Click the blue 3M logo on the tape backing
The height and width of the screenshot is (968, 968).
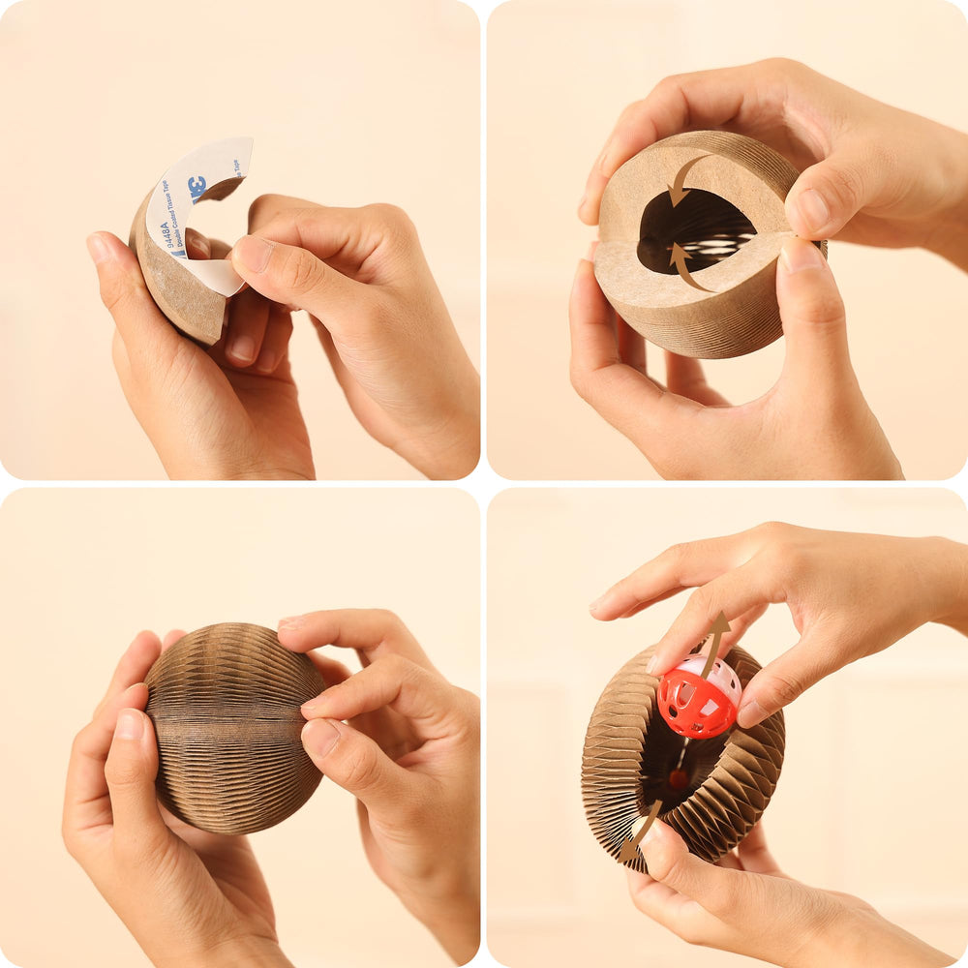pyautogui.click(x=197, y=186)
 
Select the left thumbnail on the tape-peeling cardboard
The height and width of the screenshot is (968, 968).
pyautogui.click(x=101, y=249)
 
